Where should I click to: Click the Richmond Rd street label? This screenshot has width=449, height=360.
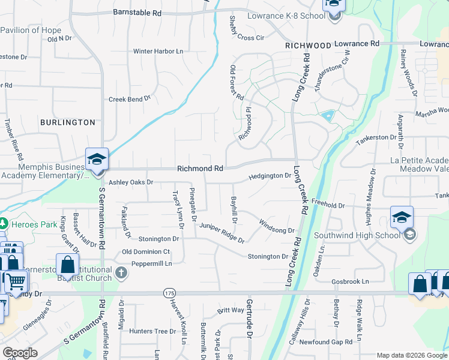point(200,169)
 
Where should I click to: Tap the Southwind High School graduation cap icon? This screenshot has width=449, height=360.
point(402,217)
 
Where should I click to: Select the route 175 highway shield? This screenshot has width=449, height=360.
point(168,293)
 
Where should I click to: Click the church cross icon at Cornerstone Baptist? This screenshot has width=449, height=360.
point(121,274)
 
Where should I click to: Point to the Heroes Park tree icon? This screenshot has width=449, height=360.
point(3,223)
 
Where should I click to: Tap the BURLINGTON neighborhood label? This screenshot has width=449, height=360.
point(67,122)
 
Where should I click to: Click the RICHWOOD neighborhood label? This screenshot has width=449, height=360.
point(308,46)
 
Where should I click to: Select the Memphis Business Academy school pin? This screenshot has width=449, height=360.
point(97,159)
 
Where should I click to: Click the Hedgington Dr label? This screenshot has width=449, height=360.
point(270,176)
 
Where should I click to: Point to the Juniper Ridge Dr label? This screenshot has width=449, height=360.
point(222,233)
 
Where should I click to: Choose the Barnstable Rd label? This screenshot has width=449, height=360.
point(137,13)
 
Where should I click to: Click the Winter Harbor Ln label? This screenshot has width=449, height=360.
point(158,52)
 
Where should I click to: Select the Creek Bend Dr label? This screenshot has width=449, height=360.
point(129,99)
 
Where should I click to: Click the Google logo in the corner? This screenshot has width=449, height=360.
point(20,353)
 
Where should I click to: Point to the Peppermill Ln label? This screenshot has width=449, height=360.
point(148,263)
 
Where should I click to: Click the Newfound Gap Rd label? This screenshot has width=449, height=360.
point(326,342)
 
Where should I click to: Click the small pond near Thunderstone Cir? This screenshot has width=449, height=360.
point(328,115)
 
